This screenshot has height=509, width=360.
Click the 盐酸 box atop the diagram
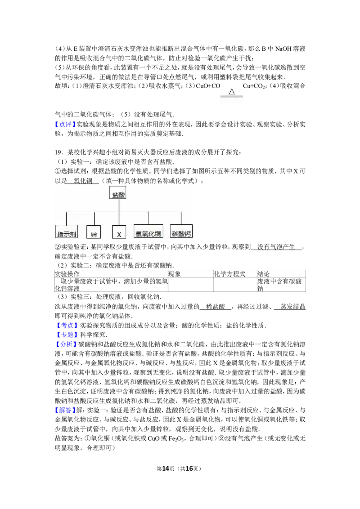point(117,193)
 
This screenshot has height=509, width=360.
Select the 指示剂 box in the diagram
point(67,232)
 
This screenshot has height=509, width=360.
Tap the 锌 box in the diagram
point(94,232)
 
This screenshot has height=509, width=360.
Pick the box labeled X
point(119,232)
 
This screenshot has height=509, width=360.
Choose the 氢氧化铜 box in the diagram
point(148,232)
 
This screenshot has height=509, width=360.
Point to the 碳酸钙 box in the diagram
point(181,232)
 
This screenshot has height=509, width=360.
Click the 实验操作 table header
point(67,274)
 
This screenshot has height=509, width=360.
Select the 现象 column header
point(175,274)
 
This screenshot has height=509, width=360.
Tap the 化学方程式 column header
point(229,274)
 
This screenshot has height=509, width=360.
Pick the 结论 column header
point(263,274)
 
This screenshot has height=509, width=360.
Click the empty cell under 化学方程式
point(235,285)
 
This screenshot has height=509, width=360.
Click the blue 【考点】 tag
point(67,325)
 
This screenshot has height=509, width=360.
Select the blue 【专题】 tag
point(67,335)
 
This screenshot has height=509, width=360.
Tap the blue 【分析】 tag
point(66,344)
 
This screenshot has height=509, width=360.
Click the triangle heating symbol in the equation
point(232,92)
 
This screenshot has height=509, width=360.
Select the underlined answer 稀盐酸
point(216,307)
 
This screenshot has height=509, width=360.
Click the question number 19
point(58,152)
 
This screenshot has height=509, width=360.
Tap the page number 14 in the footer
point(166,469)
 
